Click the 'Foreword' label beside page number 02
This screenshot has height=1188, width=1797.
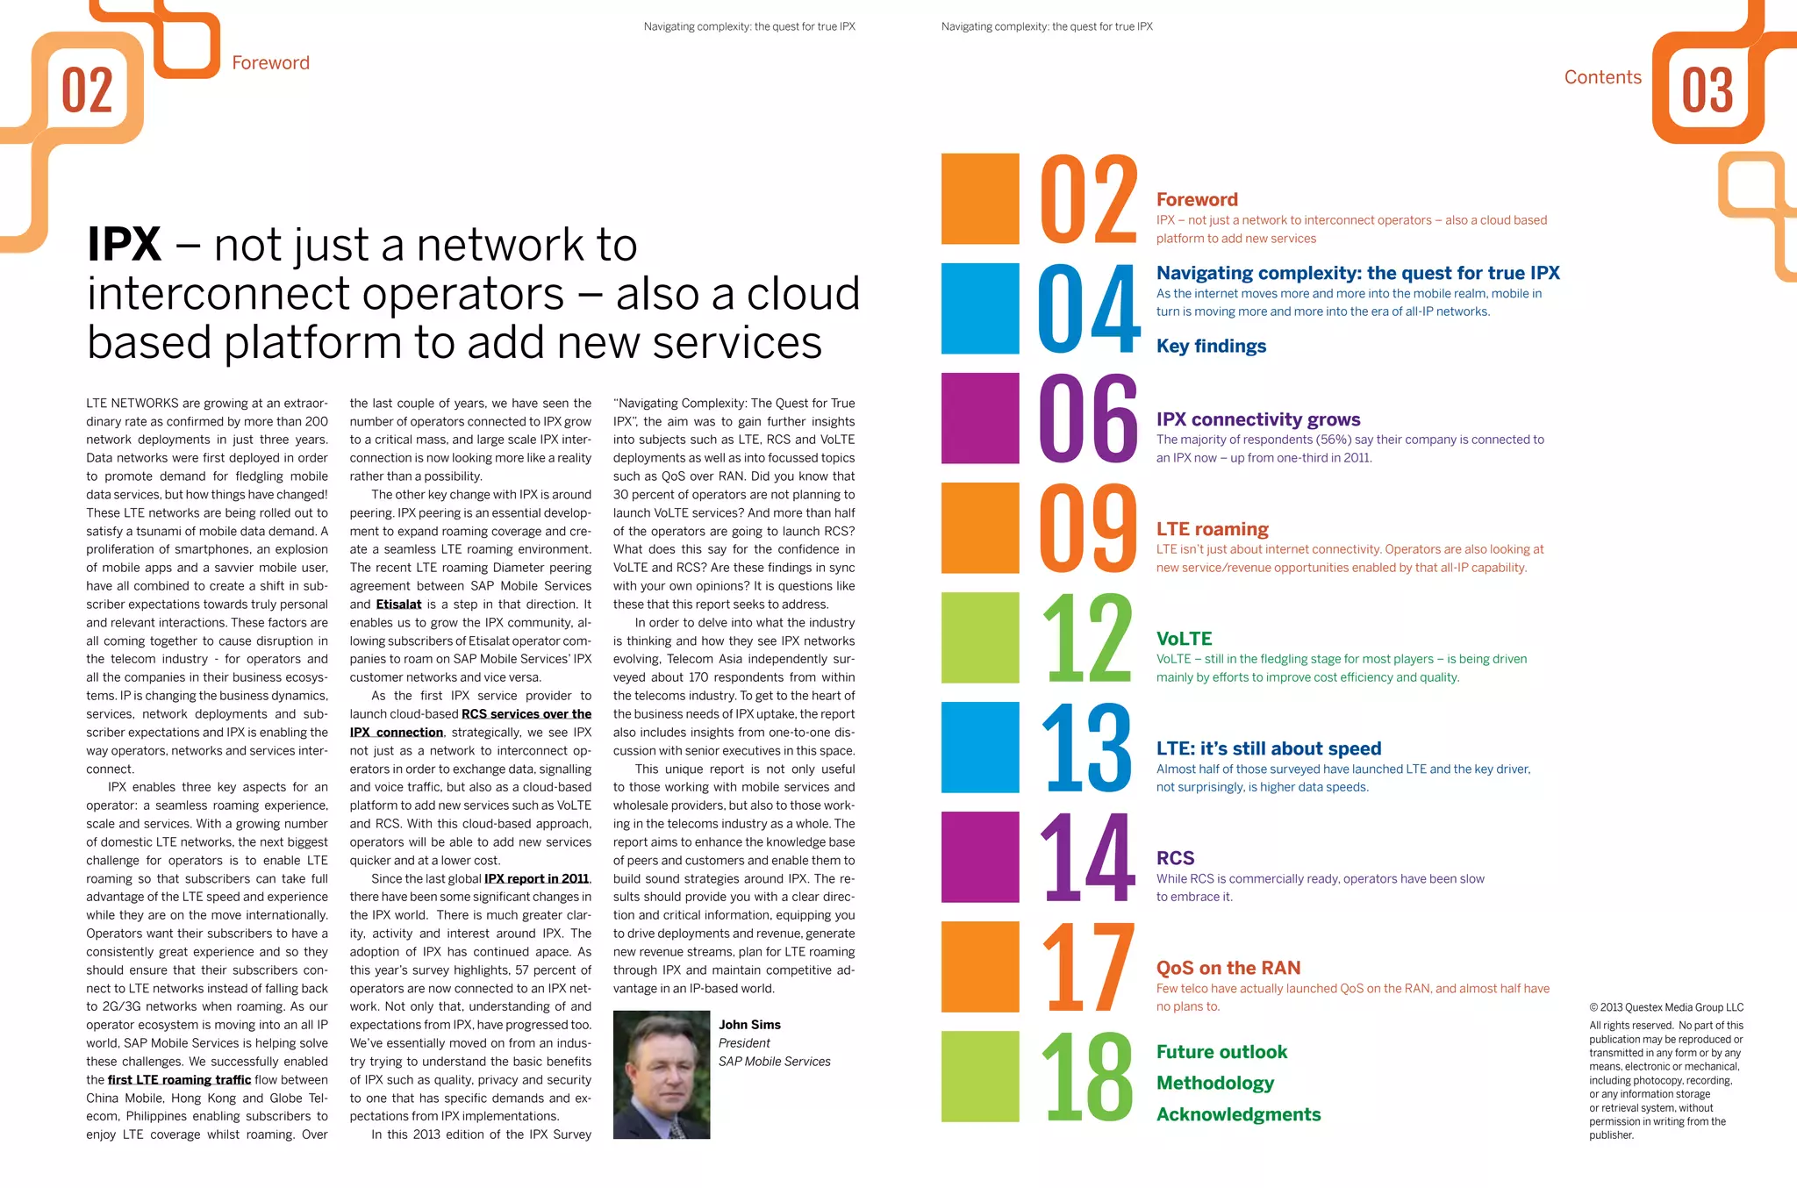coord(270,63)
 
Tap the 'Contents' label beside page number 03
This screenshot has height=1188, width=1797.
coord(1602,77)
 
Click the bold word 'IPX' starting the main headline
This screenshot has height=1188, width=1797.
coord(125,245)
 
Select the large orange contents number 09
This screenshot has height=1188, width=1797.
coord(1088,527)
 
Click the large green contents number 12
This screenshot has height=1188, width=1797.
coord(1088,638)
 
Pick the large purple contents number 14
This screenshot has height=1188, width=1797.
coord(1088,857)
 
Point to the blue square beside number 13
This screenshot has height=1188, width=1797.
coord(980,748)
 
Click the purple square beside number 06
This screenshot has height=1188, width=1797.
coord(980,418)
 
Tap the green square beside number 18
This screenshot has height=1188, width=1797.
coord(980,1077)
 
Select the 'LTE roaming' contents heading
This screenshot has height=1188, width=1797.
coord(1212,529)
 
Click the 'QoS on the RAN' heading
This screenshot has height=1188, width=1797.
coord(1228,968)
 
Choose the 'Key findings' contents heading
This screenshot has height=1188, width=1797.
coord(1211,346)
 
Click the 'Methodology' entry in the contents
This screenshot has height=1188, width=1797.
coord(1214,1083)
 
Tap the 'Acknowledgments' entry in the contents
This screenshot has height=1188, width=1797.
coord(1238,1114)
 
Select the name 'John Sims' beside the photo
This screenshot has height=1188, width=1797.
coord(749,1025)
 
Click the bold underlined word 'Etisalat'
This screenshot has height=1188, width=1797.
coord(398,605)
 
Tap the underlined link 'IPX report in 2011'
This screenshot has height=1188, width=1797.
coord(537,878)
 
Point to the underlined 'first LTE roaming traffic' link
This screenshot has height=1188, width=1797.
coord(179,1080)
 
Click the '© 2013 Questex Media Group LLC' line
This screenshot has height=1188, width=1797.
coord(1665,1007)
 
